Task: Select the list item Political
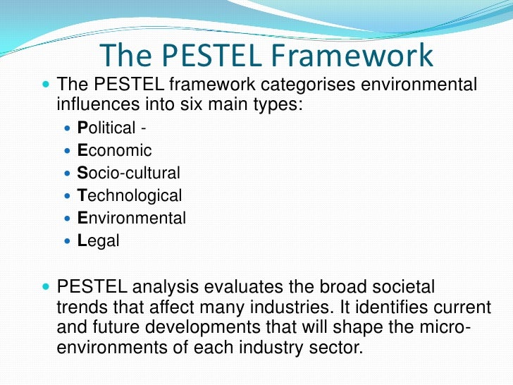105,128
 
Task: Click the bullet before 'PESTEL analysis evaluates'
47,288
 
